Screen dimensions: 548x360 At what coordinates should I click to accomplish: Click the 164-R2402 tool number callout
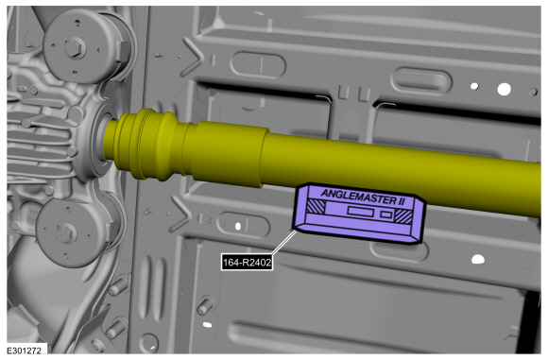[247, 262]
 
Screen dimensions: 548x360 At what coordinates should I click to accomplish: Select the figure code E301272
[25, 351]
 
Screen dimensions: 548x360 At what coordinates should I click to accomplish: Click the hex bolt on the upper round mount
[75, 47]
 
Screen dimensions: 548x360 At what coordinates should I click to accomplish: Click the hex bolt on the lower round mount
[66, 233]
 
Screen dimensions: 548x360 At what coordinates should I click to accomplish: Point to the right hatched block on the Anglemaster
[403, 215]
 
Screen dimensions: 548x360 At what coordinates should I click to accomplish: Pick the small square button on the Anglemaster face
[385, 214]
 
